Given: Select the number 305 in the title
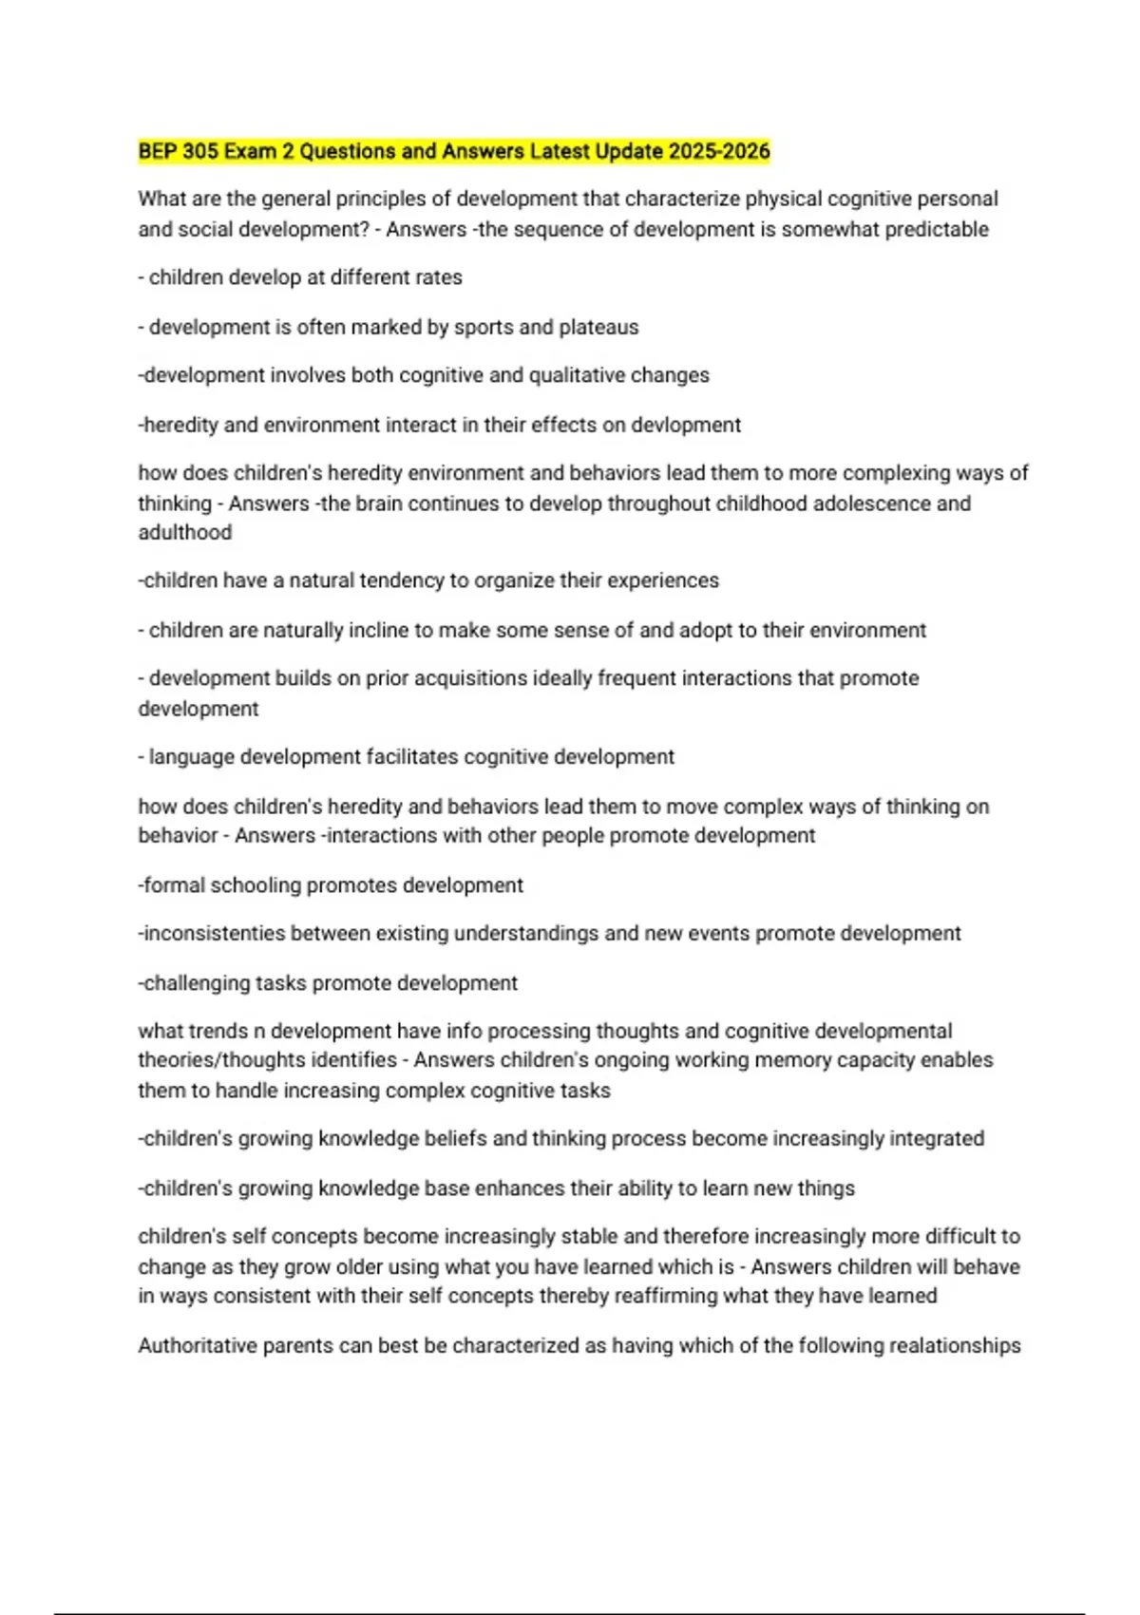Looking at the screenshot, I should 200,151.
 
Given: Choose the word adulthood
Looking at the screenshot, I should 185,532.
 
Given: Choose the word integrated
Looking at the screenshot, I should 936,1138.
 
